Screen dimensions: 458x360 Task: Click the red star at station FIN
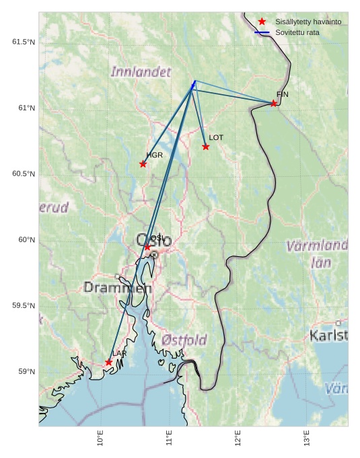coord(274,103)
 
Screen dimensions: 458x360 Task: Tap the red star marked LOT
coord(206,147)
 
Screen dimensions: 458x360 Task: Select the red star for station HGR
coord(143,164)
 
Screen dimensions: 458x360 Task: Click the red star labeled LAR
coord(108,362)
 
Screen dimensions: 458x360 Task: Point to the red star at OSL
coord(147,247)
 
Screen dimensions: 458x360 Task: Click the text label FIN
coord(282,94)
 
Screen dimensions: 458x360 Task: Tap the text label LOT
coord(216,137)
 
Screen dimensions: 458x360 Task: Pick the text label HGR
coord(155,155)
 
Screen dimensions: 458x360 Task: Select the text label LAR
coord(119,353)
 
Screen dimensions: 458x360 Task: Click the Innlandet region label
coord(141,71)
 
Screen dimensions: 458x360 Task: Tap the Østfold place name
coord(184,340)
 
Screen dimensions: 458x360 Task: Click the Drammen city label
coord(117,288)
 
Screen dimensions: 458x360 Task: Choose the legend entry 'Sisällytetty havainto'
coord(308,22)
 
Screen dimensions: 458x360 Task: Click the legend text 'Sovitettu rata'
coord(297,32)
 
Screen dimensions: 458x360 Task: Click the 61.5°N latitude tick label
coord(23,42)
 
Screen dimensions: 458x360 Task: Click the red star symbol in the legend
coord(262,22)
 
